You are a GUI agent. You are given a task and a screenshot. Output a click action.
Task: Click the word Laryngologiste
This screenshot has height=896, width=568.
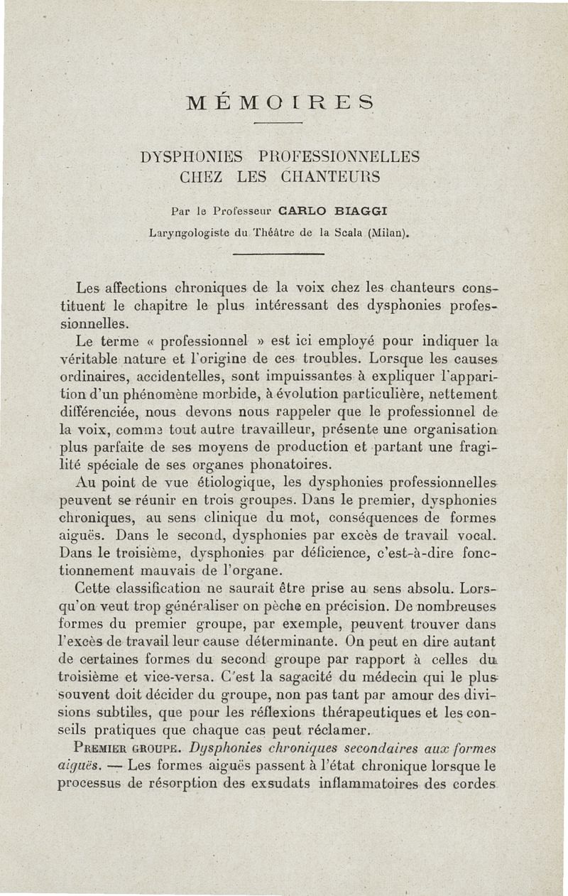(187, 232)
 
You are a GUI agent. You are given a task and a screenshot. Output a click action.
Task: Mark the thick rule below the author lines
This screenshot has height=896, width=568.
(278, 254)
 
